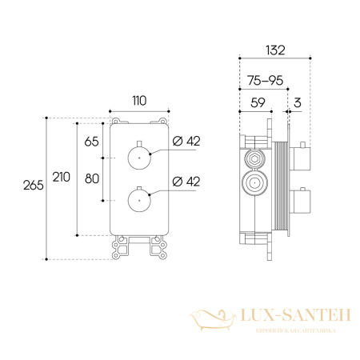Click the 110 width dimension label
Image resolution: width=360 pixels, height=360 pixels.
[139, 101]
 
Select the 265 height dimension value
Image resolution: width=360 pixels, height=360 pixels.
[34, 186]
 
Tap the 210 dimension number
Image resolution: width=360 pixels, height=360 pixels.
[62, 177]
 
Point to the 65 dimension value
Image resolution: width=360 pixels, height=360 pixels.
[91, 142]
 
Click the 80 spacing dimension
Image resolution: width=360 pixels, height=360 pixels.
[92, 178]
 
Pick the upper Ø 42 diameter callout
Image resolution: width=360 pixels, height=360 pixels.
[186, 141]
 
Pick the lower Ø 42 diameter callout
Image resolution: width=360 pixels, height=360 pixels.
[186, 182]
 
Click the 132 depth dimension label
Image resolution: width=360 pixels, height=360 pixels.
[275, 50]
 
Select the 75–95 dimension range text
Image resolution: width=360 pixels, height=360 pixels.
[266, 80]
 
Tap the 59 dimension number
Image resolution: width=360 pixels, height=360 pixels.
[258, 102]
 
